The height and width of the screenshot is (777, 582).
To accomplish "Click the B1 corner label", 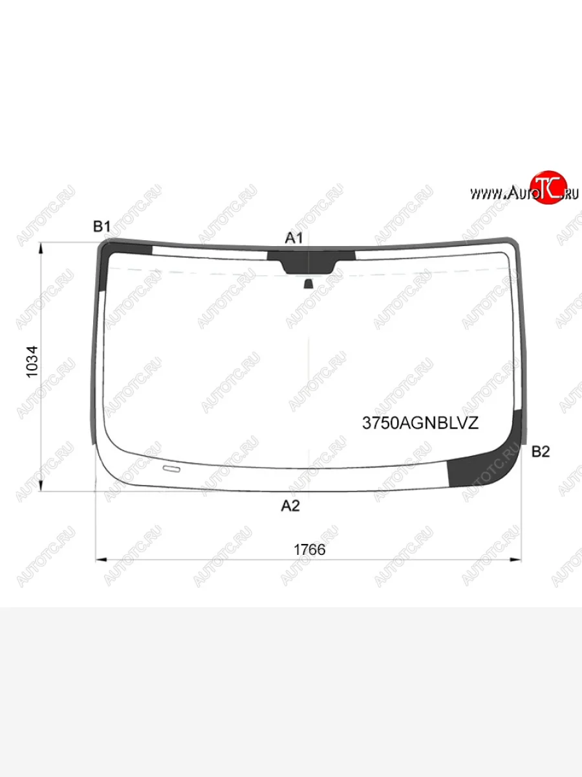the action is tap(102, 226).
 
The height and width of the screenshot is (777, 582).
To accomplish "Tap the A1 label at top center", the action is tap(294, 238).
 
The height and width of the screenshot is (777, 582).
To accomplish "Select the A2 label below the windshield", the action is tap(290, 506).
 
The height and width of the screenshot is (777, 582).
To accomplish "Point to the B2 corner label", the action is tap(541, 452).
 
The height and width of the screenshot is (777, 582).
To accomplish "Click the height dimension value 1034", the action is tap(32, 362).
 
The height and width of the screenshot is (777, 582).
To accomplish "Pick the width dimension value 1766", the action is tap(310, 550).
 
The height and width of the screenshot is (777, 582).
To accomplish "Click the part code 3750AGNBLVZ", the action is tap(420, 423).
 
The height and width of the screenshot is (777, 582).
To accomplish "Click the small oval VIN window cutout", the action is tap(171, 469).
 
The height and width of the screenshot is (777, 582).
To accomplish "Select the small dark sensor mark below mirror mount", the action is tap(308, 284).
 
